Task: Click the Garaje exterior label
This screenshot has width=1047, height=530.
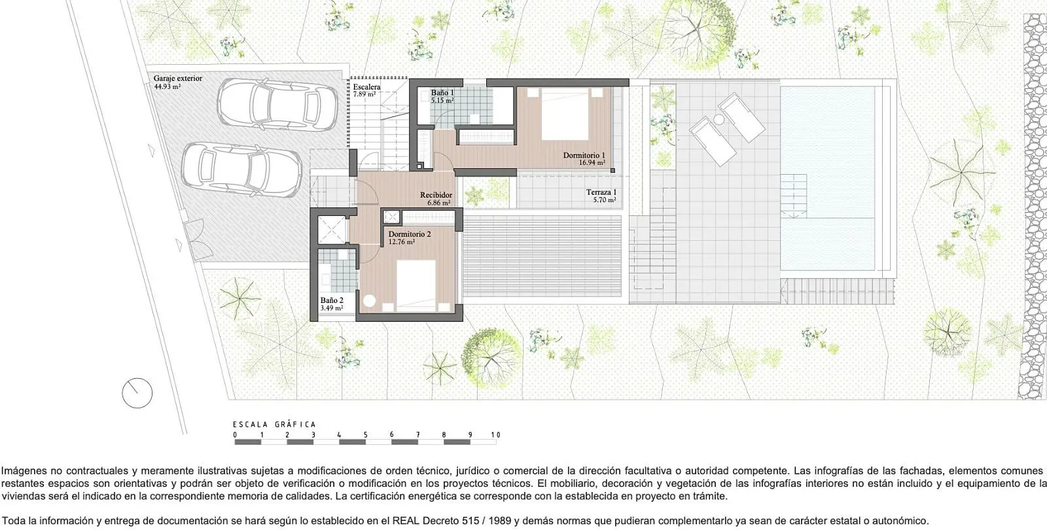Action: pos(177,79)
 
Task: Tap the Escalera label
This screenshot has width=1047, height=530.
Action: pos(366,87)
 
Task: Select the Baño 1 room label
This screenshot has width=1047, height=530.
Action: pos(442,93)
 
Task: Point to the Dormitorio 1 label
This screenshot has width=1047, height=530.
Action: pos(584,155)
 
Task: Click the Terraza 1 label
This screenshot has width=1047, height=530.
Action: pos(601,192)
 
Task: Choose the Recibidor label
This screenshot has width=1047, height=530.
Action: pos(436,195)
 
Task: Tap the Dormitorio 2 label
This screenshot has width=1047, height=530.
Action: pos(410,234)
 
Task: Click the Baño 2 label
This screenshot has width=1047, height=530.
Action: pos(332,300)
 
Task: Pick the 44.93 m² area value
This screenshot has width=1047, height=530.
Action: pos(168,86)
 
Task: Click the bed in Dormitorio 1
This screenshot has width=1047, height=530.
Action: pos(565,115)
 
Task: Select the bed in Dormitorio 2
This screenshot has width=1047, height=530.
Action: pos(416,285)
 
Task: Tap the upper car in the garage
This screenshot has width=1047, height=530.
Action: pos(277,105)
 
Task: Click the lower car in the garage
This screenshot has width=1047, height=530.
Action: pos(241,169)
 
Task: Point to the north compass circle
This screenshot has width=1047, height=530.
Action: pos(137,393)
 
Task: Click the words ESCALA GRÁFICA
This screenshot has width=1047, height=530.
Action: pos(274,425)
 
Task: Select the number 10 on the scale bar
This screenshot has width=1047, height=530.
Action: pos(495,434)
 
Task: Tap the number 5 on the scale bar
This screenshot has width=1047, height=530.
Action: pos(366,434)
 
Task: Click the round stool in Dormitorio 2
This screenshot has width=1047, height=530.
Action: pos(369,301)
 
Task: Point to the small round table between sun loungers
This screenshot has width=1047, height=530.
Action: pos(719,120)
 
